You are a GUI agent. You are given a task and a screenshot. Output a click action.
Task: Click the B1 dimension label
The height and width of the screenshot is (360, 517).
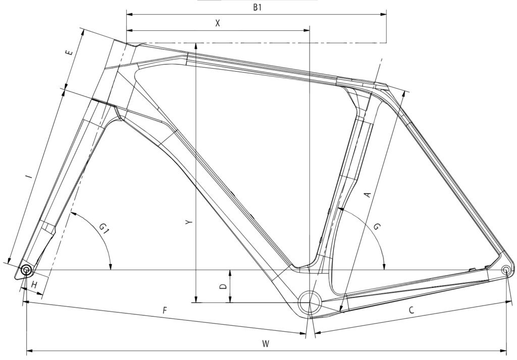(257, 8)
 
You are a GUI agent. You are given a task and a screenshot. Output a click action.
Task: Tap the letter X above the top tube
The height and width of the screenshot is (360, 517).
(217, 23)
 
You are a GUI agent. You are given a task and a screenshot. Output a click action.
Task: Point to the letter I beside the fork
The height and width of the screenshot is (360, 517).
(30, 177)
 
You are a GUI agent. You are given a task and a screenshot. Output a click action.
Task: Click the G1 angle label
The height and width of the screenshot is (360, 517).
(105, 228)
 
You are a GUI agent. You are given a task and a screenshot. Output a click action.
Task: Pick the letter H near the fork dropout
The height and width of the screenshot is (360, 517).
(34, 284)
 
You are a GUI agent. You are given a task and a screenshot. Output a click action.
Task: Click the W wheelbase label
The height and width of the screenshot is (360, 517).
(266, 344)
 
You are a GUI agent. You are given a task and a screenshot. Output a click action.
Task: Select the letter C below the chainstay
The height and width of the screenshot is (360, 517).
(411, 310)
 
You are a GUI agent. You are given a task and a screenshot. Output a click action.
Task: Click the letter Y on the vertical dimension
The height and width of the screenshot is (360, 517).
(188, 223)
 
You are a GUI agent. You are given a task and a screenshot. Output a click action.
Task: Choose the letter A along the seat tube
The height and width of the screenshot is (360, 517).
(368, 195)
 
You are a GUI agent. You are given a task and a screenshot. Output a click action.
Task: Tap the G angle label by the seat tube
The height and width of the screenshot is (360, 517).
(378, 227)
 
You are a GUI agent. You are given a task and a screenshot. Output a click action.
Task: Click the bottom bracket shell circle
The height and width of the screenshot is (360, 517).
(309, 302)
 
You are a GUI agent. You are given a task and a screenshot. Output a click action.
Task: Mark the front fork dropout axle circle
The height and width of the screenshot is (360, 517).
(26, 270)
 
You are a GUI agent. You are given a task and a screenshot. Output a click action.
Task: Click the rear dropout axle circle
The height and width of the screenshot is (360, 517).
(506, 270)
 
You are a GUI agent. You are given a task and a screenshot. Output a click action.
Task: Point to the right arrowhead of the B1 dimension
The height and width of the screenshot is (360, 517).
(384, 14)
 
